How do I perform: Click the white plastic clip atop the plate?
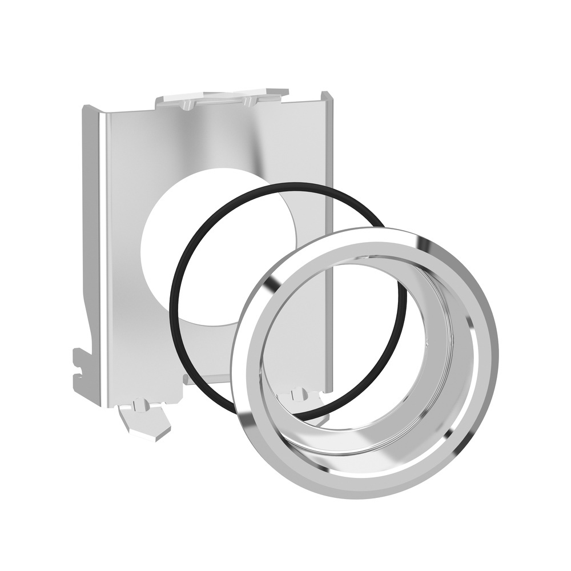pyautogui.click(x=223, y=98)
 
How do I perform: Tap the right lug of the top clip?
pyautogui.click(x=248, y=101)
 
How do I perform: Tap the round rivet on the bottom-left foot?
pyautogui.click(x=138, y=405)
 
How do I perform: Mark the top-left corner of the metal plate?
pyautogui.click(x=86, y=108)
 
